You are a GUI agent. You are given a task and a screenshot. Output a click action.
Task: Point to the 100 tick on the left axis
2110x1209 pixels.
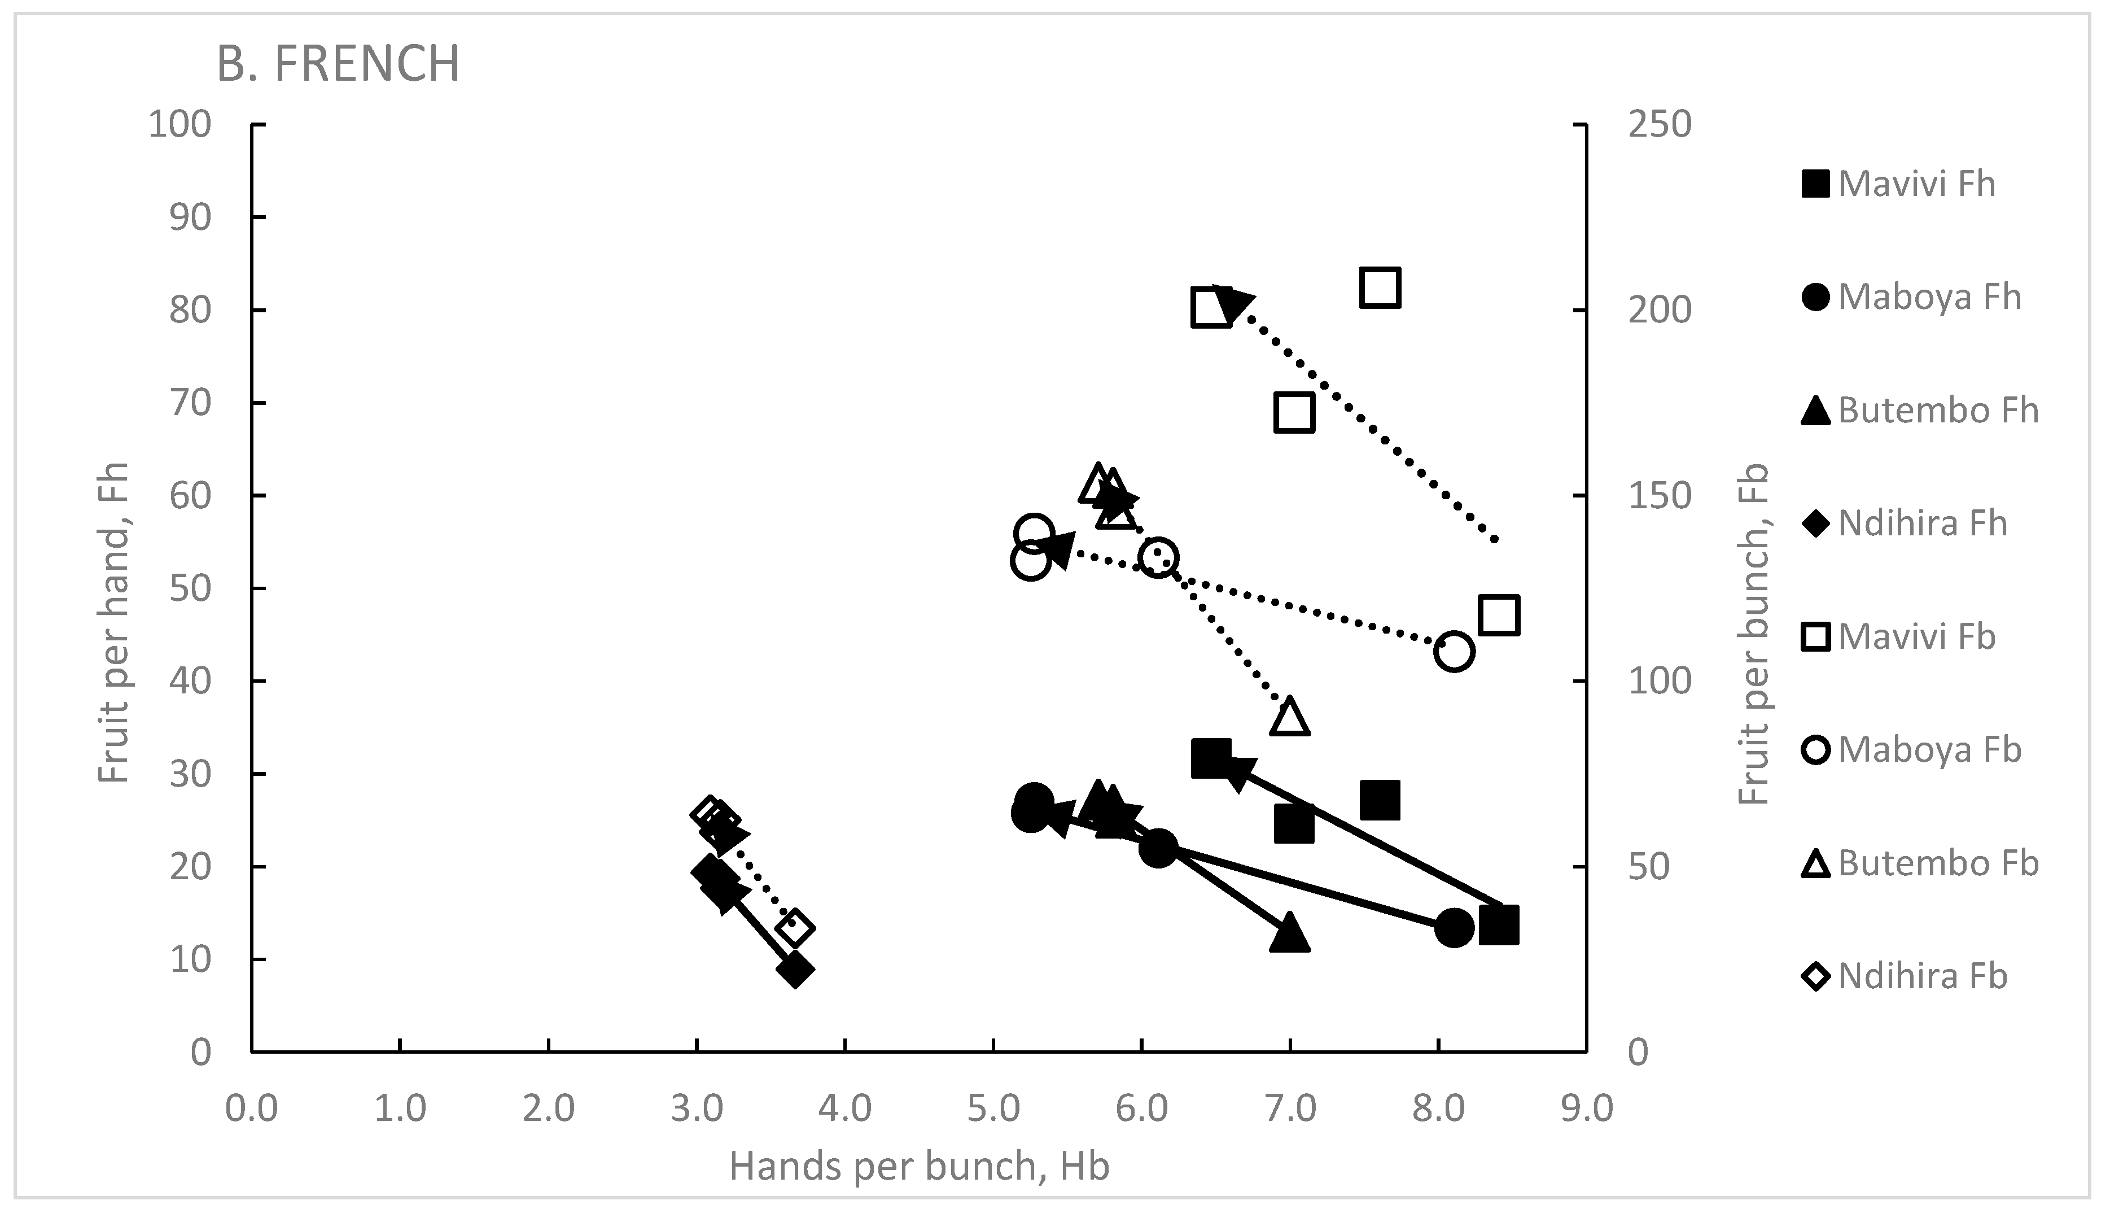180,125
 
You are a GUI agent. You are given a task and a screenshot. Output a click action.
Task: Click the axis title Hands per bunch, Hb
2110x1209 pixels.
919,1166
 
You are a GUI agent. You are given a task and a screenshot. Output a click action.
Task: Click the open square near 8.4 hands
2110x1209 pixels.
1499,616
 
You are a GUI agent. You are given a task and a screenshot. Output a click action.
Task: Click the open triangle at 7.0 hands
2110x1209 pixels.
1289,717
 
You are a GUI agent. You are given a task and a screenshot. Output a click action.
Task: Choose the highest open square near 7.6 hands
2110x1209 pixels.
1380,288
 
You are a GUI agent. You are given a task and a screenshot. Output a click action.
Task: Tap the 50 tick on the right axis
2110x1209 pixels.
1648,867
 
